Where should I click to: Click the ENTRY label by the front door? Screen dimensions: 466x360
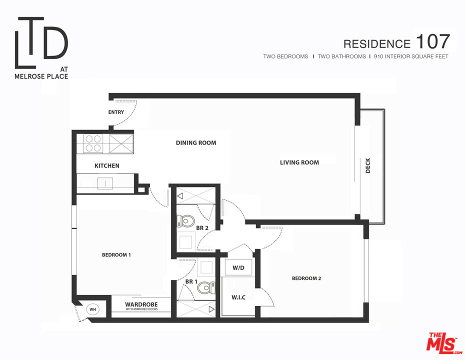(x=116, y=112)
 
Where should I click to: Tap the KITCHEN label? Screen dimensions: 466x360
(x=107, y=165)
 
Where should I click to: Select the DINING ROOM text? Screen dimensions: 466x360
(x=196, y=142)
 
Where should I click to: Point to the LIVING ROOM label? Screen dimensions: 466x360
(x=299, y=162)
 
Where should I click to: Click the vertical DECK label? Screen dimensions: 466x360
(x=368, y=165)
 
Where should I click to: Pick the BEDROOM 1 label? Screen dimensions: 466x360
(x=116, y=255)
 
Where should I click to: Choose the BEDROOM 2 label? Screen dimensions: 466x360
(x=306, y=278)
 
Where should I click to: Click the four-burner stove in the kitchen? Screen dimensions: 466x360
(x=93, y=143)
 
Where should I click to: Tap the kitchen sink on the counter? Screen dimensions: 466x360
(x=105, y=183)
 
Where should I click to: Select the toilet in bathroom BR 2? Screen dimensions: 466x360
(x=185, y=221)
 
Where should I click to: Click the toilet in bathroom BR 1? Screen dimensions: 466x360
(x=206, y=288)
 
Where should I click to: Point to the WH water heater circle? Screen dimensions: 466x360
(x=92, y=309)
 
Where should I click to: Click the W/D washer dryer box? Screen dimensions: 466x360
(x=238, y=267)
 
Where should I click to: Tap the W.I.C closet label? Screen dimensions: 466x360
(x=238, y=297)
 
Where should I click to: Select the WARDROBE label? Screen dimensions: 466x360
(x=141, y=304)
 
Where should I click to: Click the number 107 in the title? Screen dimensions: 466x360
(x=432, y=41)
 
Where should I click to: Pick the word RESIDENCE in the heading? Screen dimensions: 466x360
(x=377, y=44)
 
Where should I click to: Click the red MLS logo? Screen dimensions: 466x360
(x=444, y=343)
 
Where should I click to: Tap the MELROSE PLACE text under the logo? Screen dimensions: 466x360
(x=41, y=76)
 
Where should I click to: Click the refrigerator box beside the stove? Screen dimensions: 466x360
(x=121, y=144)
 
